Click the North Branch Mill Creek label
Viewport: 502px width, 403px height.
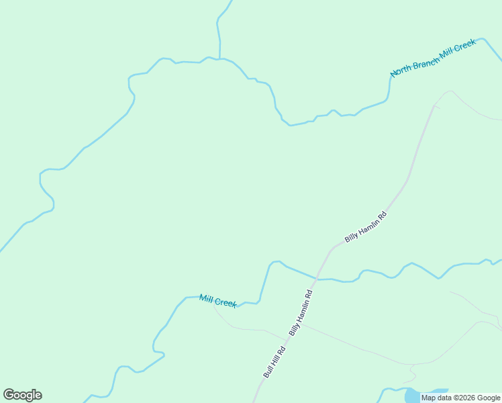point(433,57)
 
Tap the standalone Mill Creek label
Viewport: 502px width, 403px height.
point(218,300)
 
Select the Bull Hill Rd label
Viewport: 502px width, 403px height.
point(275,363)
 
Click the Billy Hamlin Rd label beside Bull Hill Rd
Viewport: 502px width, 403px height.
point(301,313)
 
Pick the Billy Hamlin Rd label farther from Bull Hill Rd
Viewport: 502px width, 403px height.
point(366,227)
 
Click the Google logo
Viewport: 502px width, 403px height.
point(22,395)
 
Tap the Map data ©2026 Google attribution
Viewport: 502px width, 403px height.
point(461,398)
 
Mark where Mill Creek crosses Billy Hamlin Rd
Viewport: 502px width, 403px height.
point(316,278)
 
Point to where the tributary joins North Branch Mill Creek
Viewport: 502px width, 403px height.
point(219,59)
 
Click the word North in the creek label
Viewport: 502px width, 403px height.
point(401,70)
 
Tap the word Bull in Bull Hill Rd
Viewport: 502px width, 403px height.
point(267,373)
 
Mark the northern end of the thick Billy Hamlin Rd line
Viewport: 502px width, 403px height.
point(434,106)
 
